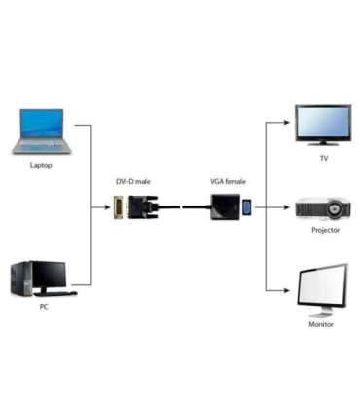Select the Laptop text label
tap(41, 165)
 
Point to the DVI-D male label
tap(133, 182)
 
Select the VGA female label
tap(228, 182)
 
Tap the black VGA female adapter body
tap(225, 206)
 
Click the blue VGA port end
tap(247, 206)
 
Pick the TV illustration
tap(324, 126)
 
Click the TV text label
tap(324, 157)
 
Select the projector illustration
tap(324, 208)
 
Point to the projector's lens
tap(336, 207)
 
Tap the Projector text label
tap(324, 230)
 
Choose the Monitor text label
tap(321, 324)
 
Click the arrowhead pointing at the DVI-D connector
tap(106, 206)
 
